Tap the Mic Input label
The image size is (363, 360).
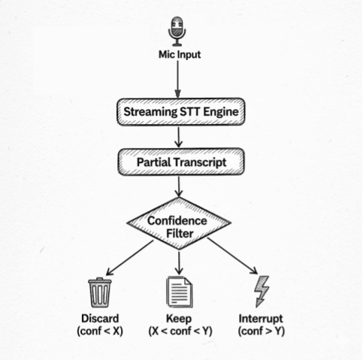[x=179, y=55]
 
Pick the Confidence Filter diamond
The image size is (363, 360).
[x=180, y=226]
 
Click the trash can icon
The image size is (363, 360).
[x=99, y=291]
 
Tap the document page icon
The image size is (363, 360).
[x=180, y=291]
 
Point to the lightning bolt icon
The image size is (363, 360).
[x=262, y=291]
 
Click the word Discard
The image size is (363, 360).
[x=99, y=317]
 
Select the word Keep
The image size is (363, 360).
[x=180, y=317]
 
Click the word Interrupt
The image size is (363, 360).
[x=261, y=317]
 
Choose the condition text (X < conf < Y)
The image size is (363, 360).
[x=180, y=331]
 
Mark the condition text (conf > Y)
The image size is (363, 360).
[x=261, y=331]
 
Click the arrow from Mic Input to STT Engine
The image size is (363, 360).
[x=179, y=78]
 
